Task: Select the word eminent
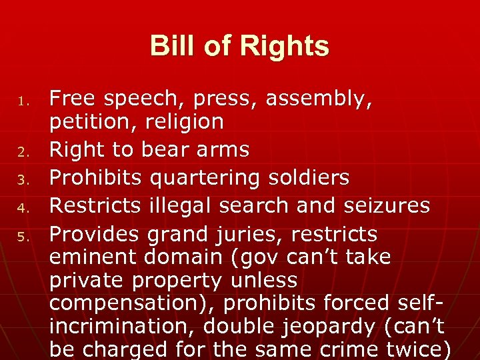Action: [91, 257]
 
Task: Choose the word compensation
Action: [133, 303]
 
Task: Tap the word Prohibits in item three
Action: [96, 177]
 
